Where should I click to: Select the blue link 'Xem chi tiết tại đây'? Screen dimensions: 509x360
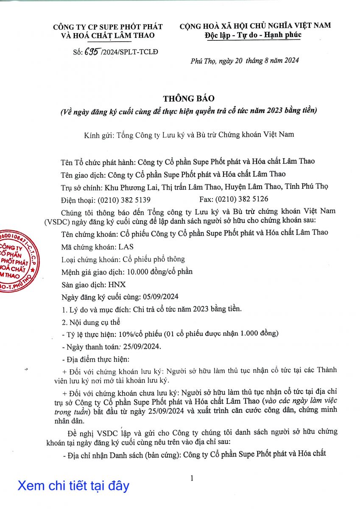(x=73, y=485)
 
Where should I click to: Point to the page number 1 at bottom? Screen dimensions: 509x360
(x=192, y=478)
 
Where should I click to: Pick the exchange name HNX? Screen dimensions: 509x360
(x=117, y=285)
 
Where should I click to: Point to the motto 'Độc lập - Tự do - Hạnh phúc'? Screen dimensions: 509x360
(x=252, y=34)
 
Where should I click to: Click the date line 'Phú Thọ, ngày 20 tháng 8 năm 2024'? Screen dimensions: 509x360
(x=245, y=60)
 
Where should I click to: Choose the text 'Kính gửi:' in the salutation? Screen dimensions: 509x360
(x=97, y=135)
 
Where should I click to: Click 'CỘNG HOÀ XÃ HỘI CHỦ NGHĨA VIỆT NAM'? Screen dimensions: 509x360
(x=255, y=26)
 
